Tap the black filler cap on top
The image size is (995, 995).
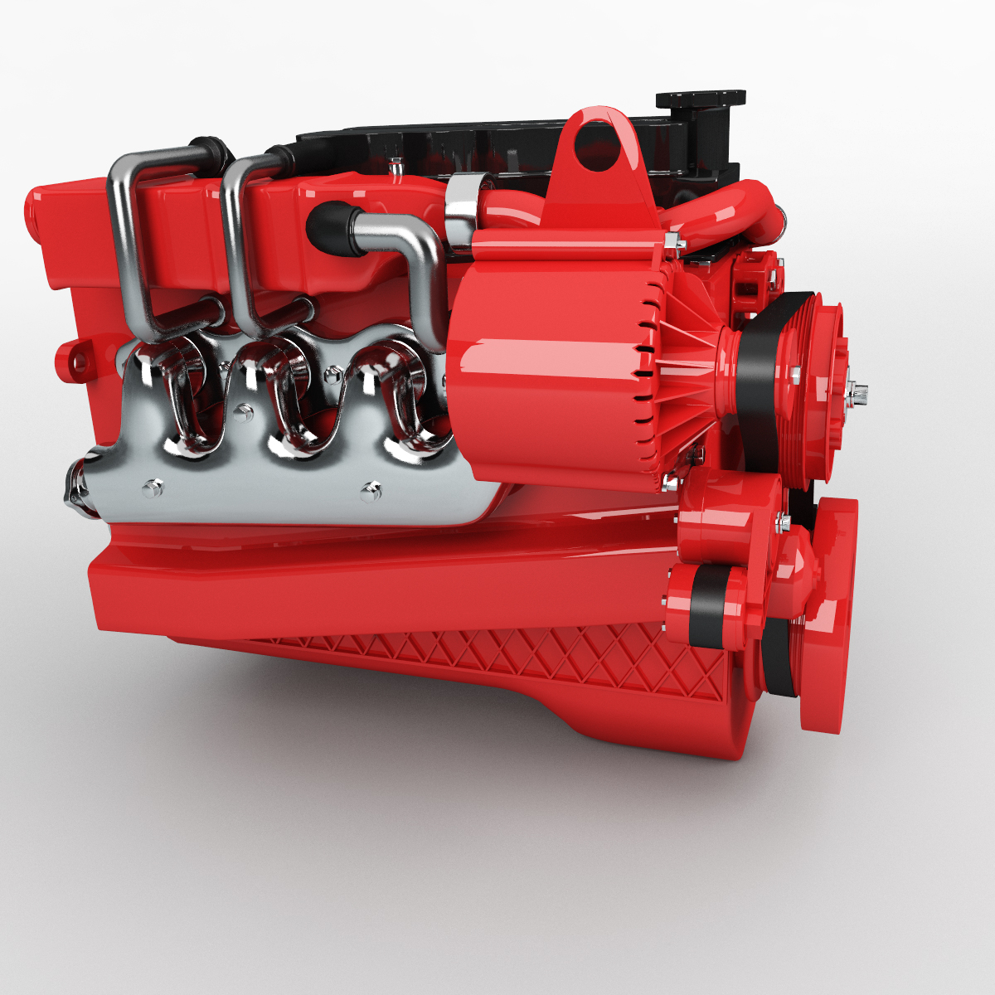point(701,100)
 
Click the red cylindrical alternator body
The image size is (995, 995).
point(547,365)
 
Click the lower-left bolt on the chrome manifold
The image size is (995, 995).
point(151,488)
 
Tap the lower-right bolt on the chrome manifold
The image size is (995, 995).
point(371,493)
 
